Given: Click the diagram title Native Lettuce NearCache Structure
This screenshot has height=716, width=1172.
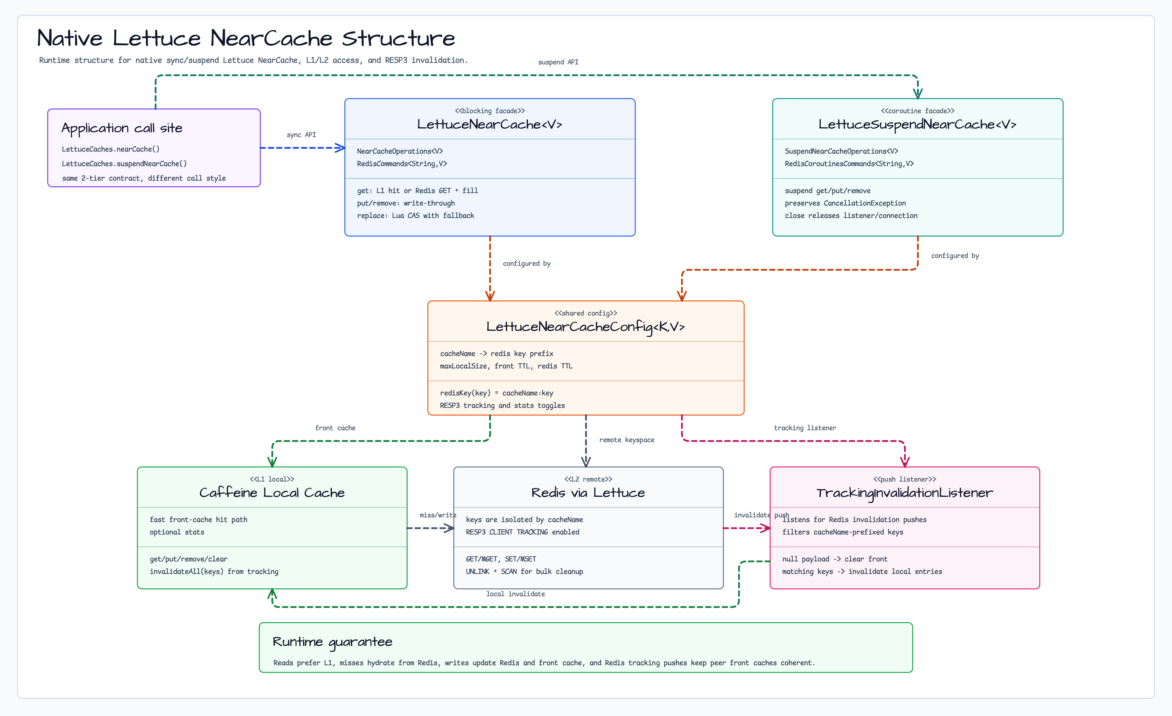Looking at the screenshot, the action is point(246,38).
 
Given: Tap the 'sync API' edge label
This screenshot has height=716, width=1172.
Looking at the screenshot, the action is point(301,135).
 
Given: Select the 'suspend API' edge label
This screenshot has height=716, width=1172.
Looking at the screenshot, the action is point(558,62).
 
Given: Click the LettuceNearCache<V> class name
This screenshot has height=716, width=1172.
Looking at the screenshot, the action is point(490,124).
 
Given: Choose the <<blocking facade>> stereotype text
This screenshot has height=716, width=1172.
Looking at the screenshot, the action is point(490,111).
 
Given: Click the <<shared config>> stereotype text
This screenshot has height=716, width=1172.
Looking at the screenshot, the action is point(585,313).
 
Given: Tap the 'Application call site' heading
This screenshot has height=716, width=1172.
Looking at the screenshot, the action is point(122,128).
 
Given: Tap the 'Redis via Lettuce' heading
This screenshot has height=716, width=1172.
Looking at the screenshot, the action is point(588,492).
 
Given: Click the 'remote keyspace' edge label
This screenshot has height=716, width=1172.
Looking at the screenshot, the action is point(626,440).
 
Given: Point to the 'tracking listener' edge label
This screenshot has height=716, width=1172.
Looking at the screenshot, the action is point(805,428).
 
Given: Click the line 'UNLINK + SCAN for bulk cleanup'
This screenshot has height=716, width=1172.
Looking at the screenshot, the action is point(524,571).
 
